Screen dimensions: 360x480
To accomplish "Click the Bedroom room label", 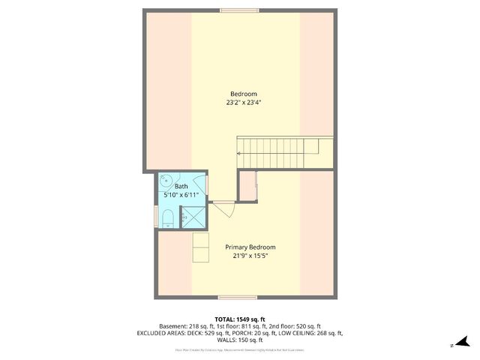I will click(239, 94).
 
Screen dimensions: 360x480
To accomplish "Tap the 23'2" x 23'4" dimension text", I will click(239, 103).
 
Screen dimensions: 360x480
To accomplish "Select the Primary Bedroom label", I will click(250, 247).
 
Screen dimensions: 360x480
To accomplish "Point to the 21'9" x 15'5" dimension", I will click(250, 256).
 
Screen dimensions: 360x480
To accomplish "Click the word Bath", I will click(181, 186).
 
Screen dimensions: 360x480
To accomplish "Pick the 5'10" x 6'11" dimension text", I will click(181, 195).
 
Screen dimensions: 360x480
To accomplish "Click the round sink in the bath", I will click(166, 180).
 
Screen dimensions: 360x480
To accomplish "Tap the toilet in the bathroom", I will click(169, 218).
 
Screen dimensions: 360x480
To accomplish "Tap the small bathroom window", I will click(157, 217).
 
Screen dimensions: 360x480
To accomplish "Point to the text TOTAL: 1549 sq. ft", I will click(240, 319).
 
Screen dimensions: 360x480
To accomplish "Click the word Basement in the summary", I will click(173, 326).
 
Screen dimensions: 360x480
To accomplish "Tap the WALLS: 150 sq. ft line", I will click(240, 340).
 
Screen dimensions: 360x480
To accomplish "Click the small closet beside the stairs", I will click(247, 185).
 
